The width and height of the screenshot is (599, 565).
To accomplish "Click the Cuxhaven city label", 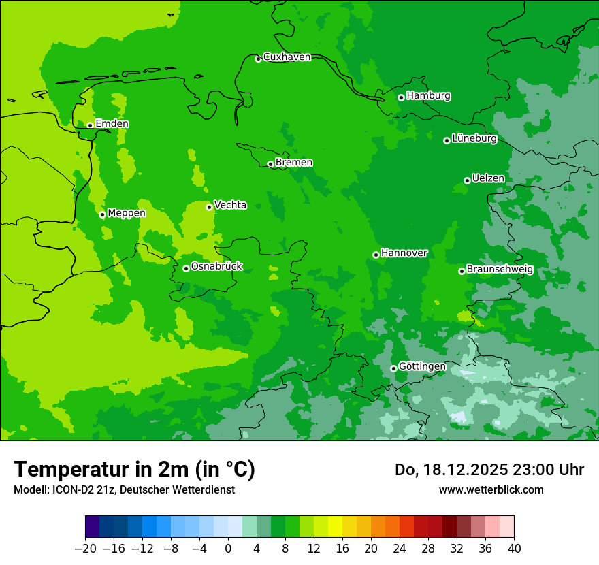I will click(287, 57).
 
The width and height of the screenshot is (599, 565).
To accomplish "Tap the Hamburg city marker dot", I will click(401, 97).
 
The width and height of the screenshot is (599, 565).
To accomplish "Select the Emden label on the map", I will click(112, 124).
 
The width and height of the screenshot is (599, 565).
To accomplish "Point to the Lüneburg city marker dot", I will click(447, 140).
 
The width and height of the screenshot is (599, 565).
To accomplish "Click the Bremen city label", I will click(294, 163).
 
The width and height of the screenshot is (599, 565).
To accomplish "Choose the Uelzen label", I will click(488, 178).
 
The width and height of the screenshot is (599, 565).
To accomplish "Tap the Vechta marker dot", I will click(209, 207).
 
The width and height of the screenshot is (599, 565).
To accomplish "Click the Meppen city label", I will click(127, 213).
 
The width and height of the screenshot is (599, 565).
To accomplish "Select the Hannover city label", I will click(404, 253).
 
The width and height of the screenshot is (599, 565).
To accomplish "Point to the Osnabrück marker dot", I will click(186, 268).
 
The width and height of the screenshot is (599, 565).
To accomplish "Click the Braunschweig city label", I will click(500, 270).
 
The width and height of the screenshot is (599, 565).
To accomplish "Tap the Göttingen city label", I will click(422, 367).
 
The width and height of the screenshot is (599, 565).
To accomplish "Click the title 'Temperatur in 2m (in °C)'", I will click(134, 470).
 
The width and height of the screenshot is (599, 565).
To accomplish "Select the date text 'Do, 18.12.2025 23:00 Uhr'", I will click(489, 470).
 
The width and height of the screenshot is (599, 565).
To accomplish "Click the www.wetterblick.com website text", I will click(491, 489).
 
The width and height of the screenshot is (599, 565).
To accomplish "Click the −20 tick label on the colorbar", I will click(85, 549).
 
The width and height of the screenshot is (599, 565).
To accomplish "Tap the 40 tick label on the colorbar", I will click(514, 549).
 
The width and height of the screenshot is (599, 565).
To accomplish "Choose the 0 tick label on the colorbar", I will click(228, 549).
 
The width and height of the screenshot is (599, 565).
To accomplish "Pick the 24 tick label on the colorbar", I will click(400, 549).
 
